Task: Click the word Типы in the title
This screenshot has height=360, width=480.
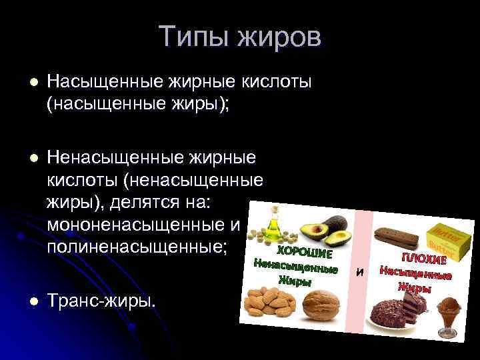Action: coord(192,37)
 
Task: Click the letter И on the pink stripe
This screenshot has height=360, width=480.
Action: coord(361,272)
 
